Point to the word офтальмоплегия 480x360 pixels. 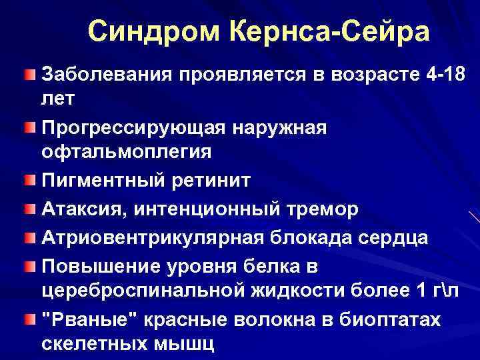pyautogui.click(x=127, y=151)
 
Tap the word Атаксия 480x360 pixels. pyautogui.click(x=85, y=209)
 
